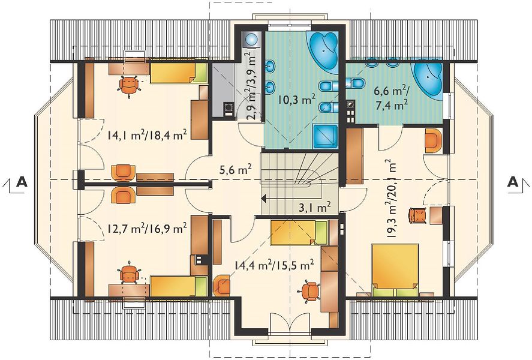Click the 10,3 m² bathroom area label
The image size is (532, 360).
click(296, 99)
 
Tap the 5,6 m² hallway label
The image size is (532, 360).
click(235, 168)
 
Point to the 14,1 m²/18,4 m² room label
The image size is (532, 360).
click(147, 135)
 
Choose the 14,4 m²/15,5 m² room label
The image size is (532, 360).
click(273, 265)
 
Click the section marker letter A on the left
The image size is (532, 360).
click(22, 182)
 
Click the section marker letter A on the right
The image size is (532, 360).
click(513, 182)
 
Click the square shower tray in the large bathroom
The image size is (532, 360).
click(325, 136)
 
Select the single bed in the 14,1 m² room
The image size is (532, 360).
click(179, 73)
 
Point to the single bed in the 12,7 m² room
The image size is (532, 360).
click(179, 286)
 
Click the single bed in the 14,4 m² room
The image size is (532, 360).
click(299, 232)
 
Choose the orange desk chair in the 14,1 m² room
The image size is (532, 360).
click(130, 86)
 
